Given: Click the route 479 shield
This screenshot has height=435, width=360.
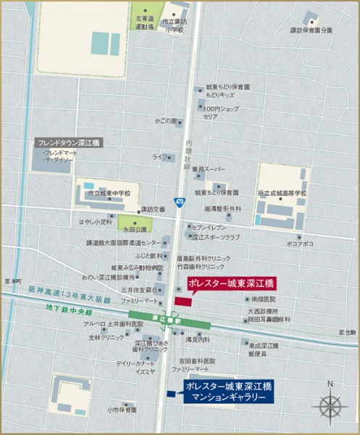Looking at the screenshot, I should [179, 200].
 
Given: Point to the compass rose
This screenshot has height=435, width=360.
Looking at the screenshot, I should [330, 403].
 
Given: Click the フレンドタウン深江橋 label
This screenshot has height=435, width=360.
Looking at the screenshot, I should [70, 144].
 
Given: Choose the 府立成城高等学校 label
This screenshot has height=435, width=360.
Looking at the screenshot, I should [282, 194].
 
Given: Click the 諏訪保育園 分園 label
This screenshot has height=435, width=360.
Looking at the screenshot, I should [312, 30].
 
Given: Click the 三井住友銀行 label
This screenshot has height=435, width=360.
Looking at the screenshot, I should [135, 289].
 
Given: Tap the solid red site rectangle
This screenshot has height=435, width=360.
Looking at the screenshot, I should [180, 300].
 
